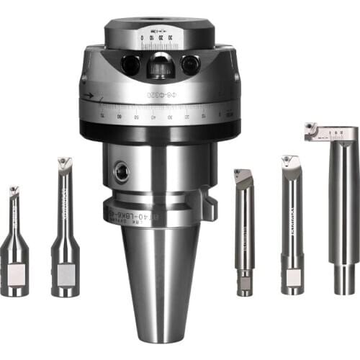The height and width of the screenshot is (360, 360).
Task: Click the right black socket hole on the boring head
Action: point(190,66)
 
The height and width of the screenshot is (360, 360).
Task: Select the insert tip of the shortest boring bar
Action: point(14,192)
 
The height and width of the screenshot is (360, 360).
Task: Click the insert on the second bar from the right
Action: point(289,160)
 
